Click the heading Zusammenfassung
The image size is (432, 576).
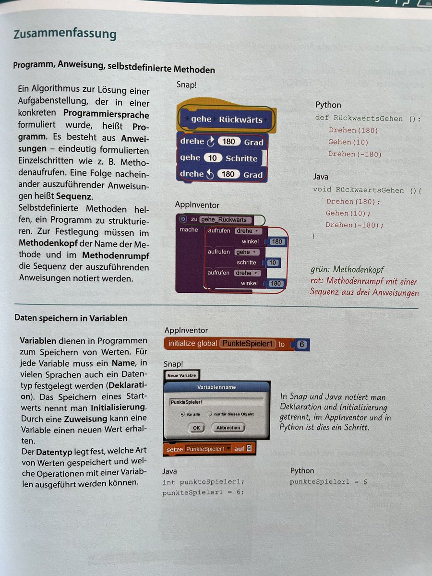pos(65,35)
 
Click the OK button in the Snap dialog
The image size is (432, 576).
pos(196,427)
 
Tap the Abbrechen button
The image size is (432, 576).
pos(228,427)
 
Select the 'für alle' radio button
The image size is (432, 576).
pos(182,414)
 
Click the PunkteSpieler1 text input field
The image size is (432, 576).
pos(216,401)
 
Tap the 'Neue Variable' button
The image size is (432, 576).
pos(181,375)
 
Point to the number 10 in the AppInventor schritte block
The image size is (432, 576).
pos(273,263)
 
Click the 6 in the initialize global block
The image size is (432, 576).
pos(301,344)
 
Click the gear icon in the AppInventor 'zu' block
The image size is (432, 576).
pos(183,219)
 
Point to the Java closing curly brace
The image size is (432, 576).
pos(314,236)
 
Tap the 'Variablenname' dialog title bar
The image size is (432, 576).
pos(216,387)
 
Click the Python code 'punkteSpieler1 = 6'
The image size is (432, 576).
pos(328,481)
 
